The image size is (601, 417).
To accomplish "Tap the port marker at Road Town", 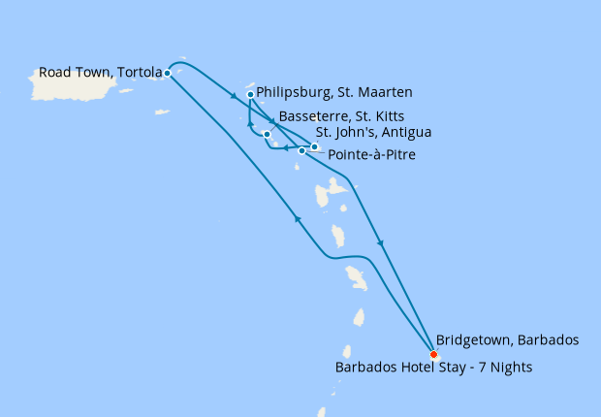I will tap(168, 73).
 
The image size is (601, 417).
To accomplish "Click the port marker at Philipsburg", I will tap(251, 95).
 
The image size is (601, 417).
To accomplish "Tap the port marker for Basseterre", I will tap(267, 135).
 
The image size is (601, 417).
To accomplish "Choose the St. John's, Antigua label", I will tap(373, 132).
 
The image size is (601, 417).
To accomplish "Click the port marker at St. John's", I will tap(314, 147).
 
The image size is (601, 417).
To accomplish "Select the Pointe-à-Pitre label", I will tap(372, 154).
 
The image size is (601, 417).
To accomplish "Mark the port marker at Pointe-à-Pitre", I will tap(302, 151).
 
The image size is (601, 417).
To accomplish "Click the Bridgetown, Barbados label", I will tap(507, 340).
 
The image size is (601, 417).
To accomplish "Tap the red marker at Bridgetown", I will tap(433, 354).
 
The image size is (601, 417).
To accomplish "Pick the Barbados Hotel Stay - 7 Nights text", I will tap(433, 368).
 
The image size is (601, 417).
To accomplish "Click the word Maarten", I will tap(388, 93).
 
